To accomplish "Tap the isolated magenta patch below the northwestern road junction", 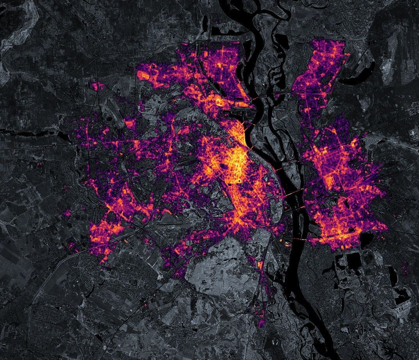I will (x=98, y=86).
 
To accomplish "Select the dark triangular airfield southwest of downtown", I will (x=172, y=219).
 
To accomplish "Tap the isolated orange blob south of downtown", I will (x=260, y=265).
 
